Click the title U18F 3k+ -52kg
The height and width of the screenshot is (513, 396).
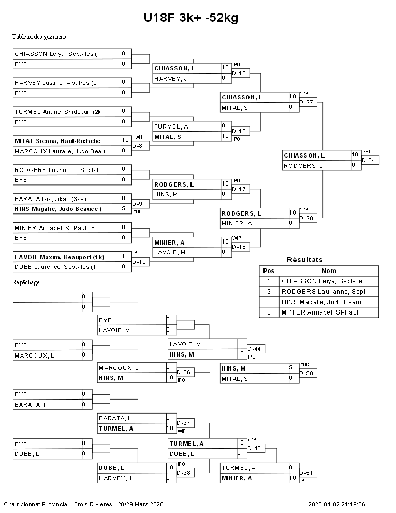(x=190, y=18)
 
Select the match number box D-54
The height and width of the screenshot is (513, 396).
(x=370, y=160)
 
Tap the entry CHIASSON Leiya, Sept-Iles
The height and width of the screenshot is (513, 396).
(x=56, y=54)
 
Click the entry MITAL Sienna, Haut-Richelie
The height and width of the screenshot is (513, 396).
(x=57, y=141)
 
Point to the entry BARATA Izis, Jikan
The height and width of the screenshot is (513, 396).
(x=50, y=198)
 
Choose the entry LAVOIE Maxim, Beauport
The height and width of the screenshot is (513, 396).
(x=60, y=256)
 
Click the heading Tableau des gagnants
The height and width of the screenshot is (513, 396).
(x=39, y=37)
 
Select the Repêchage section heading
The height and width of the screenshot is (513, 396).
(x=26, y=282)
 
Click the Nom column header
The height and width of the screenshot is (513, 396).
(x=329, y=270)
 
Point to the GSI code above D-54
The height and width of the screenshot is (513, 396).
(x=366, y=151)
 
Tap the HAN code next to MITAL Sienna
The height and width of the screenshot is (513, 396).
(x=137, y=137)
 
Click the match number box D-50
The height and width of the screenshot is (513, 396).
(x=308, y=373)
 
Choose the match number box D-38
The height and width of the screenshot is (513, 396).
(x=185, y=473)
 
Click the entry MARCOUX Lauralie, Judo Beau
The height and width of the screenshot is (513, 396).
(x=60, y=151)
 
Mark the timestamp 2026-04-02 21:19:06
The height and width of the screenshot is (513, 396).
(x=336, y=504)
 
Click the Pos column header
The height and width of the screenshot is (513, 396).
(x=269, y=270)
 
